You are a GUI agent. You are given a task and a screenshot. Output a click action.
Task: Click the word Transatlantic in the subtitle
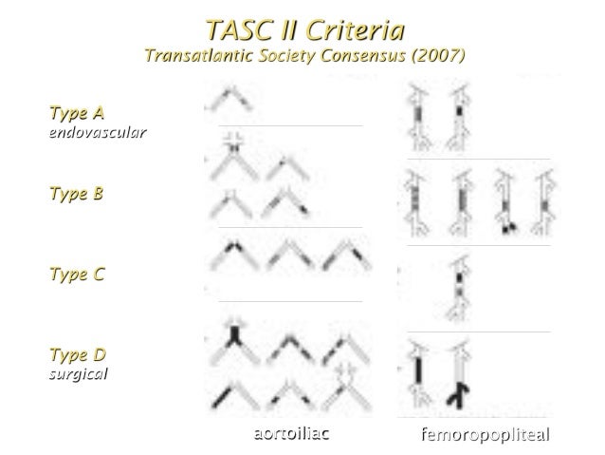tap(195, 54)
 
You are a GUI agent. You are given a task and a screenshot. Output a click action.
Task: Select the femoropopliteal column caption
tap(486, 436)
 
